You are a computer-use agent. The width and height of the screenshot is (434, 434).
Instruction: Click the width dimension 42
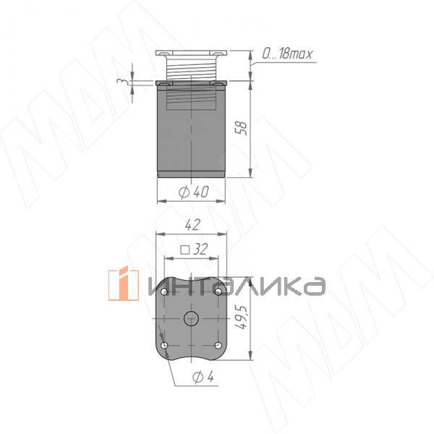192,226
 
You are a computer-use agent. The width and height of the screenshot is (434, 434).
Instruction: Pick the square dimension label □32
193,249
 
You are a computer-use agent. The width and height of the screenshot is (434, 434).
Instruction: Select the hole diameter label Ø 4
203,376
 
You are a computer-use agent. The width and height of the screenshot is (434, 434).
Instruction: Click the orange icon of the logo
123,285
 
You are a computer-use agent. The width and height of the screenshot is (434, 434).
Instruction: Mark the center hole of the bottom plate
192,318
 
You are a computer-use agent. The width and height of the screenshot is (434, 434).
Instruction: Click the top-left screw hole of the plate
165,291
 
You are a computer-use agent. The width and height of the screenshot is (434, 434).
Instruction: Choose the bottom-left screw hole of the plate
165,346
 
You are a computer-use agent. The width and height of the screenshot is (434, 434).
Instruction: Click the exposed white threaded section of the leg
192,69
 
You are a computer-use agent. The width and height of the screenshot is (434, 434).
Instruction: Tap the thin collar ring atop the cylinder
192,82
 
